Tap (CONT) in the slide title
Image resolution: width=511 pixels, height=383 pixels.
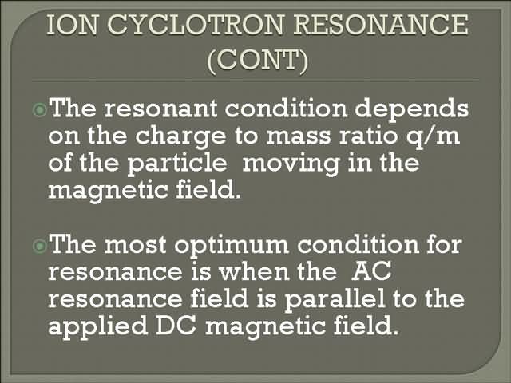257,61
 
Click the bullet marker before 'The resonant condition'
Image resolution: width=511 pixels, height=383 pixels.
39,109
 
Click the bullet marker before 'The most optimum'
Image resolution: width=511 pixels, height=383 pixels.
39,246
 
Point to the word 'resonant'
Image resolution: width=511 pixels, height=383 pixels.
160,109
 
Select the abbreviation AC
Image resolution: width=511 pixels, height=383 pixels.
372,271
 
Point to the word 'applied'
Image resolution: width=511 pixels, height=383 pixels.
97,327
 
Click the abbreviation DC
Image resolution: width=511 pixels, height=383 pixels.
176,326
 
